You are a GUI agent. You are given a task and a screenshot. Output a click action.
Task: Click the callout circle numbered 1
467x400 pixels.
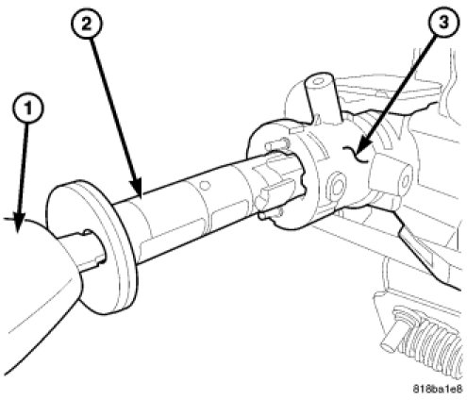[28, 108]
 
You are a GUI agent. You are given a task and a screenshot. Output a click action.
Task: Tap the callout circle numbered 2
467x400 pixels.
[86, 24]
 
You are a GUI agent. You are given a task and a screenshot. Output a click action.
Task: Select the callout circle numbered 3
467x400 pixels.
[443, 23]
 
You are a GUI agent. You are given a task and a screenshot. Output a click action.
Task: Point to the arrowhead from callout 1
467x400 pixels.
[19, 224]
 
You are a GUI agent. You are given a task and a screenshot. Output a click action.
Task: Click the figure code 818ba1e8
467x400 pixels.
[437, 389]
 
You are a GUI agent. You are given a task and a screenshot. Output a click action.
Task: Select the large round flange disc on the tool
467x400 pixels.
[92, 247]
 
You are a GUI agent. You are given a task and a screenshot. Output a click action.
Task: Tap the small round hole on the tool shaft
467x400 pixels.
[205, 185]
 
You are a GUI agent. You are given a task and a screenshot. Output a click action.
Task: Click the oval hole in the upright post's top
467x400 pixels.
[318, 81]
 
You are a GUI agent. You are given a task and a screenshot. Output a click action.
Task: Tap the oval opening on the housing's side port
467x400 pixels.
[404, 180]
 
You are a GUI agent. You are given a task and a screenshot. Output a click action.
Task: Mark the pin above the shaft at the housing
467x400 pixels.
[275, 145]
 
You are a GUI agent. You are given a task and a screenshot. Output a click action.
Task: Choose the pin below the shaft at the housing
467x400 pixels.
[270, 214]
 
